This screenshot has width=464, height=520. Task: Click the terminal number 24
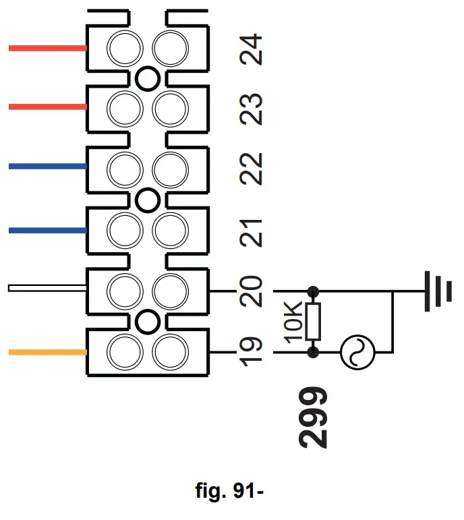tap(251, 49)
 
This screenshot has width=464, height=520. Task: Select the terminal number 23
tap(251, 109)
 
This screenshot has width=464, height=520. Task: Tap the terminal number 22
tap(251, 169)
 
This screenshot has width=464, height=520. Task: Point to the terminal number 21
tap(251, 233)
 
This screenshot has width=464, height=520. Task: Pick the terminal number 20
tap(251, 291)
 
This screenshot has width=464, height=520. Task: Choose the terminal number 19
tap(251, 351)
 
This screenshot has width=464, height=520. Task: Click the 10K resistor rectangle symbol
tap(313, 321)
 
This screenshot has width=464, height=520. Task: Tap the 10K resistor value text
tap(293, 322)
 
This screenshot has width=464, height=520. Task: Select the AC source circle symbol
tap(357, 352)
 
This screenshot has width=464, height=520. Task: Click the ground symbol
tap(438, 291)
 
